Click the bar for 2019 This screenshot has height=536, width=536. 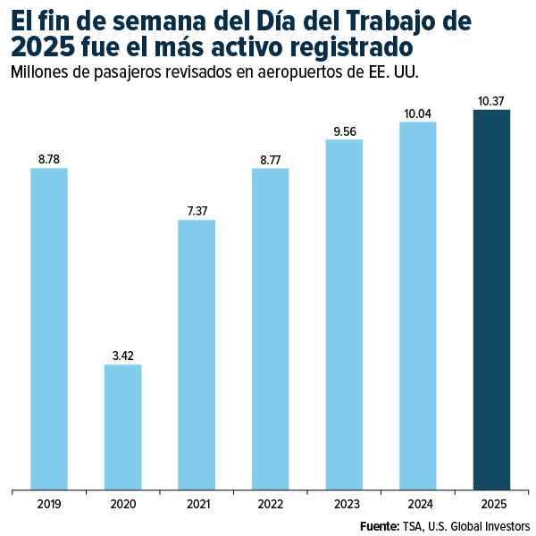[49, 329]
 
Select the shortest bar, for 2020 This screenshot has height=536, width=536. [122, 427]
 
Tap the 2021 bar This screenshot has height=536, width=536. [197, 355]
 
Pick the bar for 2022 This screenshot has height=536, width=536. [270, 329]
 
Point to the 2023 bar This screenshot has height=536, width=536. [344, 314]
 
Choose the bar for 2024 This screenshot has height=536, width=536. [417, 306]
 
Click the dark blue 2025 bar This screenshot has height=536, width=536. [491, 300]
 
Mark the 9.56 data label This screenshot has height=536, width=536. [344, 131]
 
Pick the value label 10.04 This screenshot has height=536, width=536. [417, 113]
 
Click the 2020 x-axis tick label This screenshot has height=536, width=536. [122, 504]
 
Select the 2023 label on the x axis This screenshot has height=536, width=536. [344, 504]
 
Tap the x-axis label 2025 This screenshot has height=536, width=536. [491, 504]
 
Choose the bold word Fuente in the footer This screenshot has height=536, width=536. [380, 525]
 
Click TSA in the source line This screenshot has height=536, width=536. [415, 525]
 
